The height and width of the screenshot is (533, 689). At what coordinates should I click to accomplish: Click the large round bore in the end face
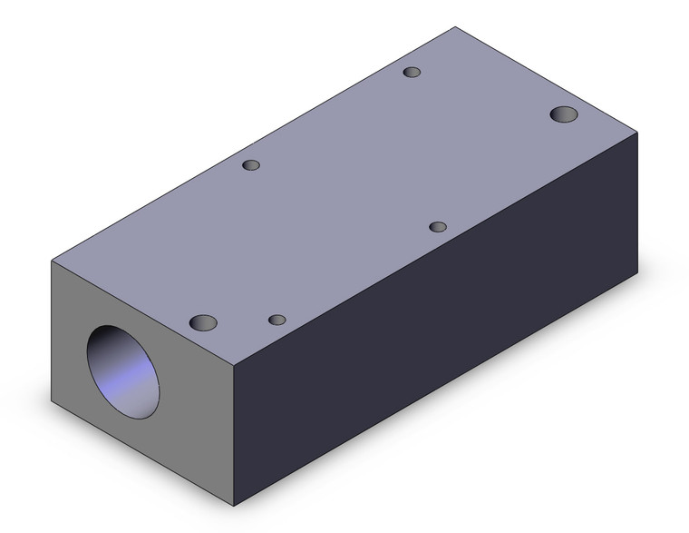click(x=122, y=372)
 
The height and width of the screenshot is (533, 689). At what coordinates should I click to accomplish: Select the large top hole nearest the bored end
click(x=204, y=322)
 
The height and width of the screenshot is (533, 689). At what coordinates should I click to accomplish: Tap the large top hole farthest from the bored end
click(x=565, y=114)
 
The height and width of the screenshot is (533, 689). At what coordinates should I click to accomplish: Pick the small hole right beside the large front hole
click(x=277, y=320)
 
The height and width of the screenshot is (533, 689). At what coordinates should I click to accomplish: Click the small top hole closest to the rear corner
click(x=412, y=72)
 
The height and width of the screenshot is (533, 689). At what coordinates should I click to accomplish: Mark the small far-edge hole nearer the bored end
click(x=251, y=165)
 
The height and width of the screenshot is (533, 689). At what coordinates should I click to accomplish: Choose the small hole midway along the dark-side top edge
click(x=438, y=226)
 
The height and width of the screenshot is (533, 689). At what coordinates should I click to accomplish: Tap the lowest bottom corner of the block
click(x=236, y=506)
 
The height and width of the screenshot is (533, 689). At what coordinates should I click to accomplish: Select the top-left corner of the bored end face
click(x=52, y=262)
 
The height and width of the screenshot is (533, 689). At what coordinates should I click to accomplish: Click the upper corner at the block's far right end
click(x=637, y=133)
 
